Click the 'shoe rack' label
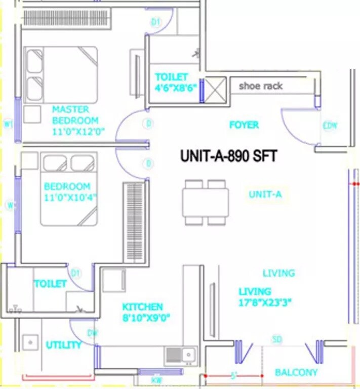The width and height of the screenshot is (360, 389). (260, 86)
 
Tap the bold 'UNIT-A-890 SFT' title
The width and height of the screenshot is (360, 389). (228, 156)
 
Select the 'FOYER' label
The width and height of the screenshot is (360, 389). (244, 125)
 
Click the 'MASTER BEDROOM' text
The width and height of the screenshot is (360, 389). (75, 115)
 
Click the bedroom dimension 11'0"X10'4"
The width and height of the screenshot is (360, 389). (70, 197)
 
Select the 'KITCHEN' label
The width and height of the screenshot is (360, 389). (142, 307)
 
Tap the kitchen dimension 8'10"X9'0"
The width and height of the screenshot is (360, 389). (145, 318)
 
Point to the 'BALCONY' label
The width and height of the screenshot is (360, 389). (296, 372)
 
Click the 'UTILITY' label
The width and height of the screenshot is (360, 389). (64, 345)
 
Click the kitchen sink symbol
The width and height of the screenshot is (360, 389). (181, 355)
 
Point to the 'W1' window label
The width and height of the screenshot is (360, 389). (8, 123)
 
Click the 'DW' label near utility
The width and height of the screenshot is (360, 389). (92, 333)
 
